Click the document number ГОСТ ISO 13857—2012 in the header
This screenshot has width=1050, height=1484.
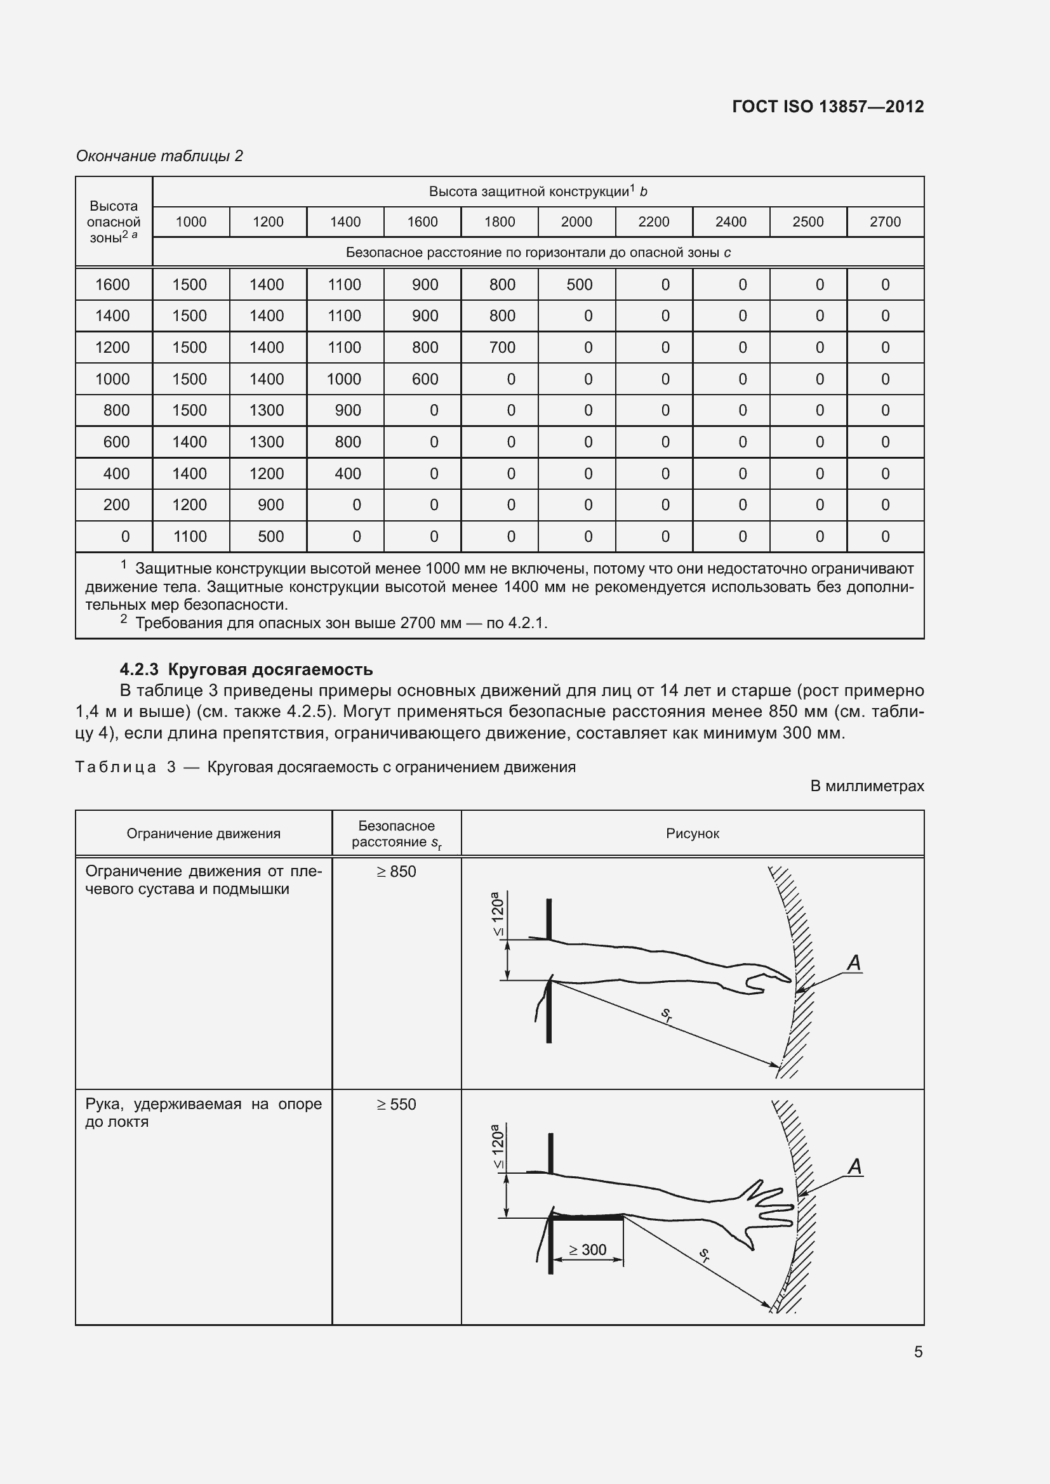coord(828,107)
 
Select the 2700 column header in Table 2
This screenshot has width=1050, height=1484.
coord(884,221)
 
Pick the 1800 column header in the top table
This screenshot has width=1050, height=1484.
coord(499,221)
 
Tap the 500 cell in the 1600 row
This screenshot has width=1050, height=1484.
coord(579,284)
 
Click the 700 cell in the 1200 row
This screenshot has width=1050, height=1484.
coord(502,348)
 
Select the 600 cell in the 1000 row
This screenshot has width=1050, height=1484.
coord(425,379)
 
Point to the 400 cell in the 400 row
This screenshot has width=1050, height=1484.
coord(347,474)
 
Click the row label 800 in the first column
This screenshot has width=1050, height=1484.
coord(116,410)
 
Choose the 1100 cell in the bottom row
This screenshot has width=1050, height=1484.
coord(189,537)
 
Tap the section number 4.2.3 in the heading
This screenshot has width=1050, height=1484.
coord(139,669)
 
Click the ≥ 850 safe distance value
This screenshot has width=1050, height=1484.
coord(396,871)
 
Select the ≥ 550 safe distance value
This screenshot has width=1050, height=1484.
coord(396,1104)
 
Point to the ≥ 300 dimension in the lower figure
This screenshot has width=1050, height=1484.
coord(587,1249)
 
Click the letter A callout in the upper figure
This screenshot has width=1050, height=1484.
coord(854,963)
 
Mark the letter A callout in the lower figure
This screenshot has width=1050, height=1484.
coord(854,1167)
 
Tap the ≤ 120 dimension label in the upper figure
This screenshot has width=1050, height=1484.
coord(498,913)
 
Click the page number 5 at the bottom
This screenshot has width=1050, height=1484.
coord(918,1351)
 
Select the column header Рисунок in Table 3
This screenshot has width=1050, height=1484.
coord(693,834)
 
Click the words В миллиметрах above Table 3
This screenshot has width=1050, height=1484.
coord(867,786)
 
